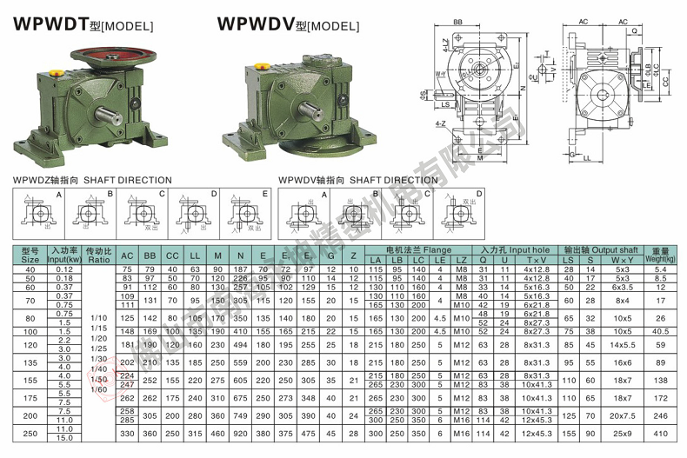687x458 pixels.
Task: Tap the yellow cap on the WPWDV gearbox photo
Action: coord(262,65)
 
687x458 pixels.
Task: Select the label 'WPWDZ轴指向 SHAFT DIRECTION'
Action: coord(93,180)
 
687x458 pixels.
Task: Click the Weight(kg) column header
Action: coord(660,255)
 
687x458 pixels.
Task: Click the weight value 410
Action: coord(660,433)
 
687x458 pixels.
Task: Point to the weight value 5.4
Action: coord(660,269)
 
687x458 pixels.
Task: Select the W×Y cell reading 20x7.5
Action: coord(622,416)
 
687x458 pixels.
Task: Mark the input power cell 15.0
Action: coord(63,437)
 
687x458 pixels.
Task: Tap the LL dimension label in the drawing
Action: coord(611,160)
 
